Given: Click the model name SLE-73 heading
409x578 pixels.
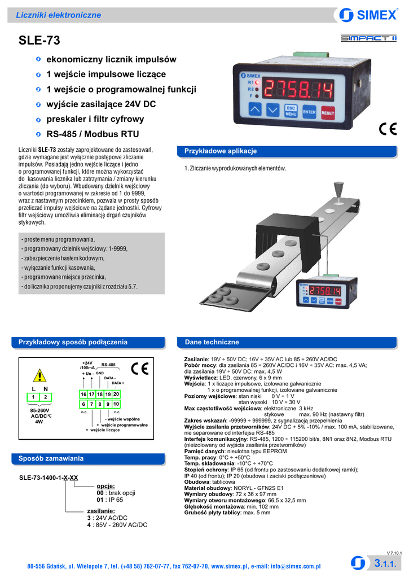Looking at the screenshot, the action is (x=39, y=40).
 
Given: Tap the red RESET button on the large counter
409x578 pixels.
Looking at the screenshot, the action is (x=328, y=113).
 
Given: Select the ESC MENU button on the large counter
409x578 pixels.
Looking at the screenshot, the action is (x=291, y=111).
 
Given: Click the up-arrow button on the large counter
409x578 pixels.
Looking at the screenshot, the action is (x=255, y=109).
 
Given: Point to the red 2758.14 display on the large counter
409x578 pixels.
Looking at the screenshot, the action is (x=298, y=90).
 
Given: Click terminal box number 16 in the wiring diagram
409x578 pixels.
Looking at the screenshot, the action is (x=83, y=394).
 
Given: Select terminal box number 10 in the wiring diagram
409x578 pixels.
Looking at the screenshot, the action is (x=116, y=404).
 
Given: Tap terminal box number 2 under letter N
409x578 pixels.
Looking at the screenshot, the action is (x=46, y=397).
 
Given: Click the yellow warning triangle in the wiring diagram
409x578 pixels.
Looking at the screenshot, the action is (x=39, y=375).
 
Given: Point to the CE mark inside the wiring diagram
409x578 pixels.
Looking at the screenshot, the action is (x=140, y=369).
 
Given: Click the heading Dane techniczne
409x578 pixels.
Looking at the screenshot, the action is (x=212, y=342).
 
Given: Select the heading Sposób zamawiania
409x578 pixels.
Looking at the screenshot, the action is (x=51, y=458).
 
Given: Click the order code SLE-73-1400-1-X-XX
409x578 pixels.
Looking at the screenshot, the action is (x=49, y=478).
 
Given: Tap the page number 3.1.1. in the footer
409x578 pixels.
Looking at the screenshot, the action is (x=385, y=563).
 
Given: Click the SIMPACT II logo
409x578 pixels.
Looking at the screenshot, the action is (x=368, y=38).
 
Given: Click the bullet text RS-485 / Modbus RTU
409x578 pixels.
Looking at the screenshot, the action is (x=93, y=134).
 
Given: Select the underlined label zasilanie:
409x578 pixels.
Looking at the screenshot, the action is (x=101, y=511).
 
